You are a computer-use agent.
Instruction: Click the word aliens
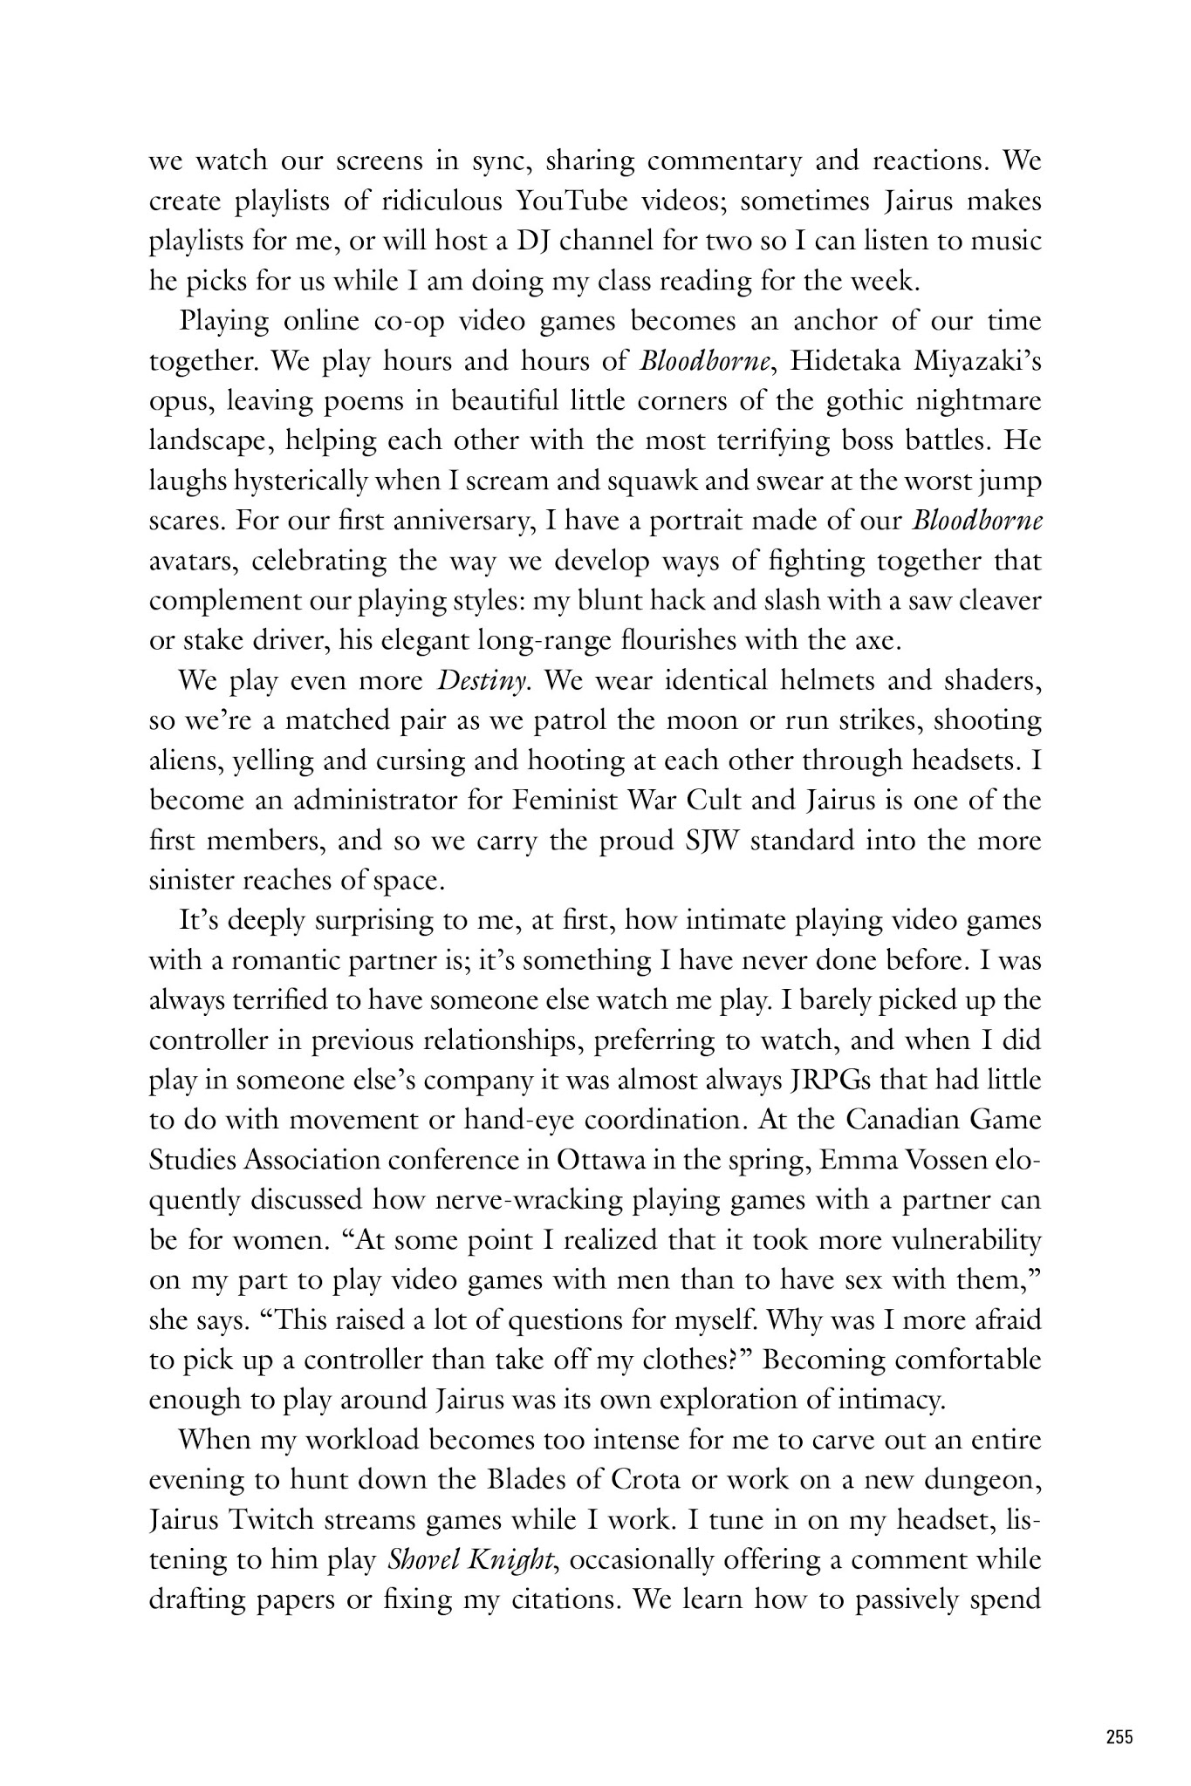[185, 761]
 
